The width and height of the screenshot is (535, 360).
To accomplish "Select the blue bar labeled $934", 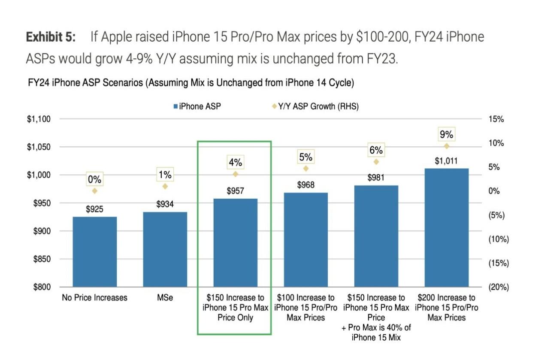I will (165, 249).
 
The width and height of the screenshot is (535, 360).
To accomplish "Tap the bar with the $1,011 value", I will (446, 227).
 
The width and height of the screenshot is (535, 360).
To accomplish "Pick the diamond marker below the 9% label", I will (446, 146).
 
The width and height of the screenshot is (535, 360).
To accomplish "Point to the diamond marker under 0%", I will (95, 191).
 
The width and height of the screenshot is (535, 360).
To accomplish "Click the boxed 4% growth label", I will (235, 163).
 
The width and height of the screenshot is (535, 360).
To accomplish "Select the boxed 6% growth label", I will (376, 150).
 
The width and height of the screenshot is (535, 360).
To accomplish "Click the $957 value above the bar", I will (235, 191).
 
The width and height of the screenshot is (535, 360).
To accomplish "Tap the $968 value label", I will (306, 185).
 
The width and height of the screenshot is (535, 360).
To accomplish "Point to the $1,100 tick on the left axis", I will (39, 119).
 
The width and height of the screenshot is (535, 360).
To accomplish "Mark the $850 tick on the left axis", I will (42, 259).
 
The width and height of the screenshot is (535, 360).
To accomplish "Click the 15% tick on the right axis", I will (496, 119).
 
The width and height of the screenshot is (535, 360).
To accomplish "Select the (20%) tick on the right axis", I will (499, 287).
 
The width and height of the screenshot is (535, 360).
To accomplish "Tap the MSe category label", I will (165, 297).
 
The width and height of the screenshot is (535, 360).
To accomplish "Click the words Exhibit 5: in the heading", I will (51, 37).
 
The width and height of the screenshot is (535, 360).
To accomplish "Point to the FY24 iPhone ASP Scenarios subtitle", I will (190, 83).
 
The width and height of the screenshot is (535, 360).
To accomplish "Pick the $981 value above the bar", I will (376, 178).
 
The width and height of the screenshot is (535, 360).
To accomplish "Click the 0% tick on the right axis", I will (495, 191).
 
